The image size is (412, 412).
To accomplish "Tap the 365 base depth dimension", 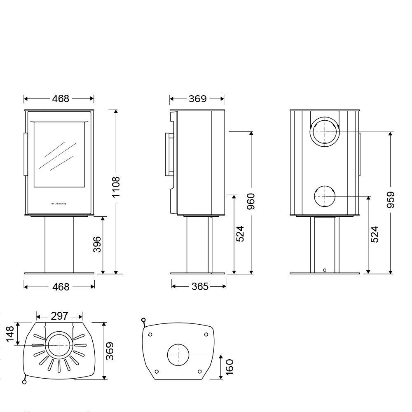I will (x=200, y=286).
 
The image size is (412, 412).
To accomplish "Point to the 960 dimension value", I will (x=251, y=201).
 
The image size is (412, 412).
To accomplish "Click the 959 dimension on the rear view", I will (x=391, y=200).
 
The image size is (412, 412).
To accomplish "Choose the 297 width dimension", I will (x=60, y=316).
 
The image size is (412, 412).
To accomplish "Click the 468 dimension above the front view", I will (x=61, y=98).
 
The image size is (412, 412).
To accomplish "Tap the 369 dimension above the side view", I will (x=197, y=98).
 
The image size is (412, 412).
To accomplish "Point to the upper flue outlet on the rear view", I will (x=325, y=131).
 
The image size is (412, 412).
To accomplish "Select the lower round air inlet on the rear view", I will (x=325, y=197).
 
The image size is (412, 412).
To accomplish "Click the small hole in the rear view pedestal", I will (x=325, y=270).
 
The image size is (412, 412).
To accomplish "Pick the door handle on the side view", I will (x=169, y=154).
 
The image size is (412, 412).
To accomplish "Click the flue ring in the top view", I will (x=59, y=345).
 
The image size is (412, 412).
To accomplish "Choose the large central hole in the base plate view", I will (x=178, y=355).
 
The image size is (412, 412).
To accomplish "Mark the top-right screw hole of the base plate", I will (x=206, y=335).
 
